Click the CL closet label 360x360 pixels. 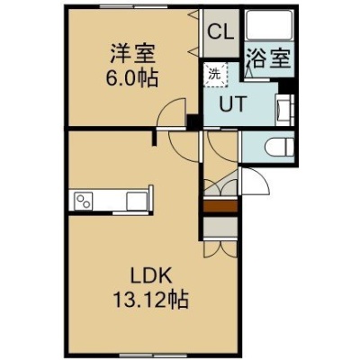pyautogui.click(x=221, y=32)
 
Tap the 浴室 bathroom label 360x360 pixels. pyautogui.click(x=269, y=58)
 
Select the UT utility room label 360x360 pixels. pyautogui.click(x=233, y=104)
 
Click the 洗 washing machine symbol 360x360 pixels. pyautogui.click(x=215, y=75)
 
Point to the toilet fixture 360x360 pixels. pyautogui.click(x=279, y=147)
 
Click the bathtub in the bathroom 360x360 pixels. pyautogui.click(x=269, y=25)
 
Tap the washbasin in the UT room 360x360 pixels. pyautogui.click(x=284, y=110)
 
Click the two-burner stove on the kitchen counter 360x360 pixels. pyautogui.click(x=84, y=201)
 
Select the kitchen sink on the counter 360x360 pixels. pyautogui.click(x=137, y=201)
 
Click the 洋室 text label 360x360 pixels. pyautogui.click(x=132, y=53)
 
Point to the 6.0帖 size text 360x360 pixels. pyautogui.click(x=131, y=78)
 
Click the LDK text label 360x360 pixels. pyautogui.click(x=150, y=275)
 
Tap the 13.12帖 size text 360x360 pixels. pyautogui.click(x=150, y=300)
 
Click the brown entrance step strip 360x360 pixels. pyautogui.click(x=220, y=206)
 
